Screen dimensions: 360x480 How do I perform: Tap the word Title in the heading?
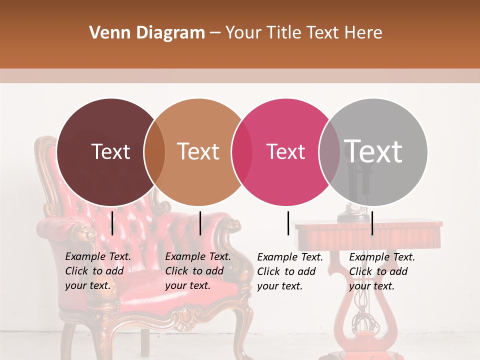(285, 33)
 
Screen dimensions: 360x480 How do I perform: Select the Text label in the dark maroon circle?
(110, 151)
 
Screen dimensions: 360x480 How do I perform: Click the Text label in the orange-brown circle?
(198, 151)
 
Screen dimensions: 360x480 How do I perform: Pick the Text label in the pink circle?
(285, 151)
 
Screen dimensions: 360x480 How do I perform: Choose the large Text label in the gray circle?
(373, 151)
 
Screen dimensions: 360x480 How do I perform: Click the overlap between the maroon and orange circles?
(154, 152)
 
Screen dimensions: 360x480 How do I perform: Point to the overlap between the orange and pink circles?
(241, 152)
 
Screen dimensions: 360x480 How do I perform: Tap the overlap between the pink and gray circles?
(329, 152)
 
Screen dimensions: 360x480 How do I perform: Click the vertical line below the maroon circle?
(112, 223)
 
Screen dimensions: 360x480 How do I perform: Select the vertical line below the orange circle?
(200, 223)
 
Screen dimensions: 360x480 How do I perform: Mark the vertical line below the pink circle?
(288, 223)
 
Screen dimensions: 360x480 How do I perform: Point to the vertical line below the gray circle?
(372, 223)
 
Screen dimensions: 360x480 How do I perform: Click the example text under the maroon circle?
(98, 271)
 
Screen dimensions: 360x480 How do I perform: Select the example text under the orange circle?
(198, 271)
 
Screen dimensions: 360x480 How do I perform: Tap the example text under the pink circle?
(290, 271)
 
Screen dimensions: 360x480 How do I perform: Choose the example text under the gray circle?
(382, 271)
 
